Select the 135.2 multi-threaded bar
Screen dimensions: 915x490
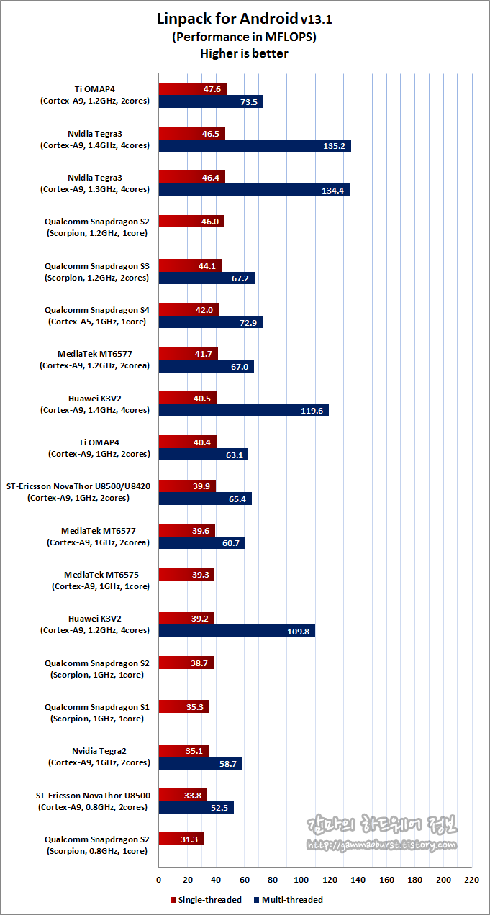coord(255,146)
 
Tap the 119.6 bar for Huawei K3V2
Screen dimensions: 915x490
coord(243,411)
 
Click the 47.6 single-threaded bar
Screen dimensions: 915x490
coord(192,89)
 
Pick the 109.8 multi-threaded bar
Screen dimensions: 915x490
coord(237,631)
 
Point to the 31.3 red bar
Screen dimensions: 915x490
coord(181,839)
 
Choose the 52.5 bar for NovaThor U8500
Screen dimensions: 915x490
coord(196,807)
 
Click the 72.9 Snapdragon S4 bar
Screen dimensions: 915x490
coord(210,322)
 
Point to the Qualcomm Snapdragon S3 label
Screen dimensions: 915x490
coord(96,271)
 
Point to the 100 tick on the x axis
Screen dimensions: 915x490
coord(301,880)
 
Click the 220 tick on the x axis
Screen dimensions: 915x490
coord(472,880)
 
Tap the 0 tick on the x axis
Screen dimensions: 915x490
coord(158,880)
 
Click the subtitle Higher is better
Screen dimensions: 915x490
coord(245,53)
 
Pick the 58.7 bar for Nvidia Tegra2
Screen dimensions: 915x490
coord(200,763)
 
